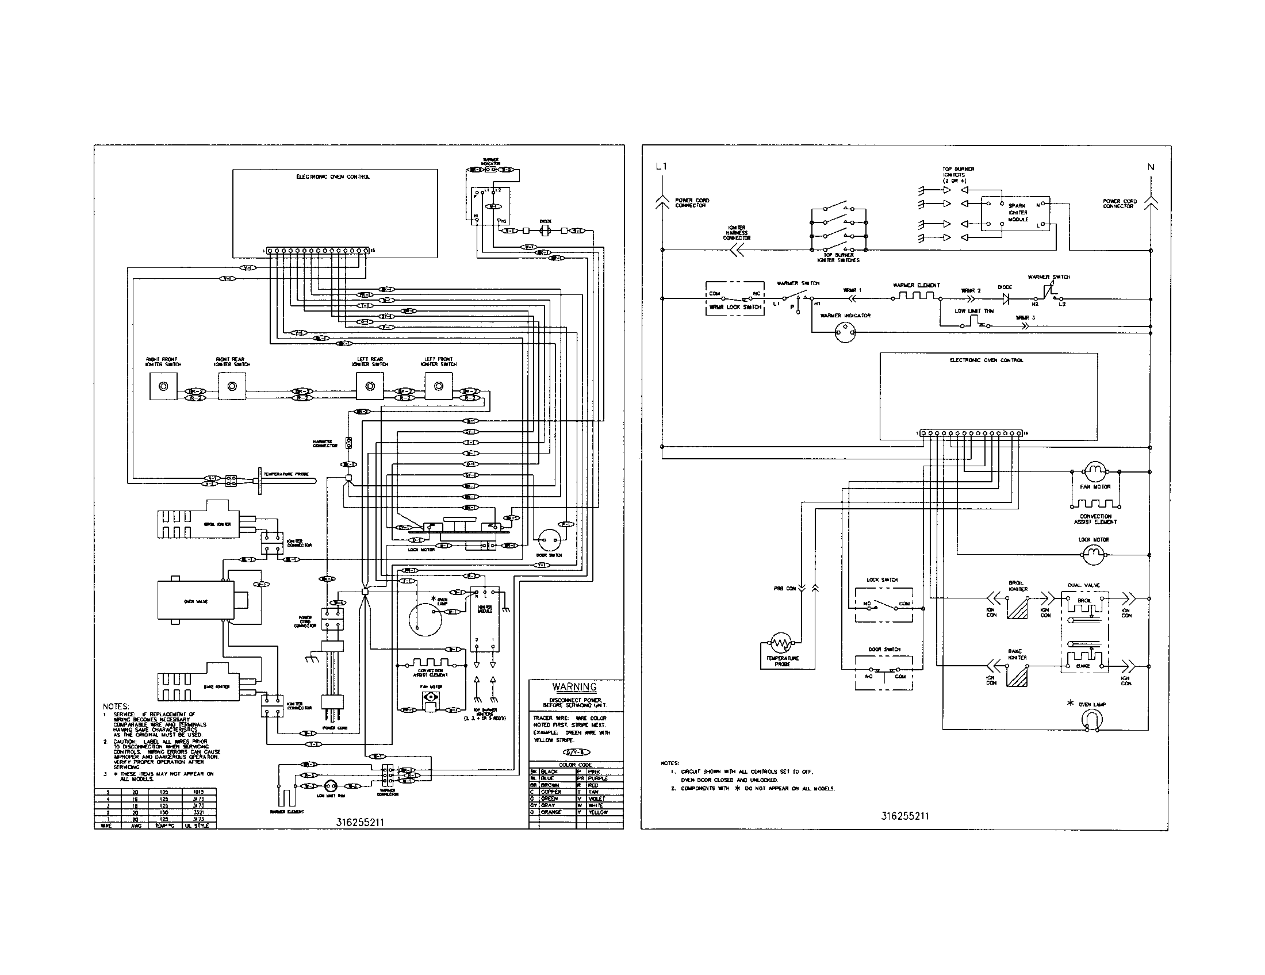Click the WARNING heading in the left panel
pos(574,687)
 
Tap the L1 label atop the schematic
pos(661,167)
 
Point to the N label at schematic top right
pos(1151,167)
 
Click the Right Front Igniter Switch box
pos(163,386)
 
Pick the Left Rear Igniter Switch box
pos(370,386)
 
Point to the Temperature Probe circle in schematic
pos(781,643)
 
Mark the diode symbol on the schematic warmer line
pos(1006,300)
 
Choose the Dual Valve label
pos(1083,585)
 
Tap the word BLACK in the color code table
pos(549,771)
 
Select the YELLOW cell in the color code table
pos(599,812)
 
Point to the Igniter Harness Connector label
pos(736,233)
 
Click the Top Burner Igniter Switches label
pos(838,258)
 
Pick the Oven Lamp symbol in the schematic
pos(1092,720)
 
